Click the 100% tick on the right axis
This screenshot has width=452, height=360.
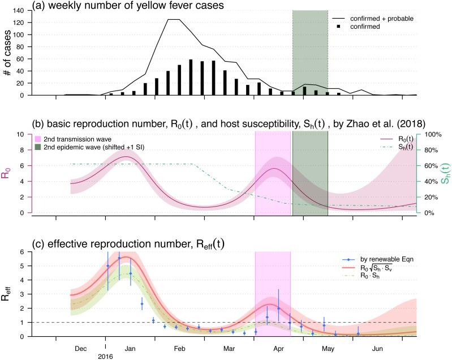tap(433, 135)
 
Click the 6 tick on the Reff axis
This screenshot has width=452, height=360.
tap(22, 252)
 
